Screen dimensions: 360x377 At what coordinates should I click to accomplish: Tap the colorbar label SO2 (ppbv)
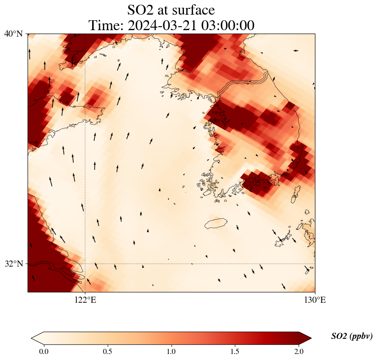pos(352,336)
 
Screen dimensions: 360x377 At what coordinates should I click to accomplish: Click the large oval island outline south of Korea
pos(215,223)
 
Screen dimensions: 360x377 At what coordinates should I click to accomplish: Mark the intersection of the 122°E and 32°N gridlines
pos(85,264)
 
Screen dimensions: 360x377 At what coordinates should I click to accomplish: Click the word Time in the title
pos(105,25)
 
